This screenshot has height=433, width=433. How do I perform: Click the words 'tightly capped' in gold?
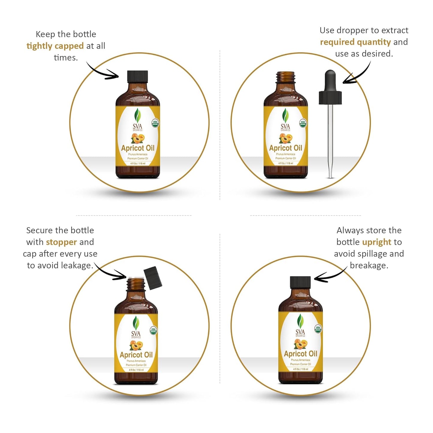pyautogui.click(x=55, y=46)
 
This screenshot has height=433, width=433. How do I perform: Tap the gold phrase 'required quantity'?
pyautogui.click(x=355, y=42)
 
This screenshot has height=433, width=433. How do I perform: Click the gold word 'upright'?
pyautogui.click(x=377, y=242)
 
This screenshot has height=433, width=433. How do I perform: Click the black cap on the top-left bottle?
pyautogui.click(x=138, y=76)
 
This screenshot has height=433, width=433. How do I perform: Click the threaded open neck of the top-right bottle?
pyautogui.click(x=286, y=77)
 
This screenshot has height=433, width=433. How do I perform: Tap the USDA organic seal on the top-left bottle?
pyautogui.click(x=155, y=123)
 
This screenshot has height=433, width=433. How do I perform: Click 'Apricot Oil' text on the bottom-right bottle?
pyautogui.click(x=301, y=354)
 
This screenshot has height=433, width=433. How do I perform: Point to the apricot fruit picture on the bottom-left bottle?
pyautogui.click(x=136, y=346)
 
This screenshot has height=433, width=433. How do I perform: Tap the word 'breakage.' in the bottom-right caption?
pyautogui.click(x=369, y=265)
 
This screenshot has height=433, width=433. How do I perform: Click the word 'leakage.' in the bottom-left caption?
pyautogui.click(x=77, y=265)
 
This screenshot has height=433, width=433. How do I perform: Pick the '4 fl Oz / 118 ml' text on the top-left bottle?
pyautogui.click(x=138, y=164)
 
